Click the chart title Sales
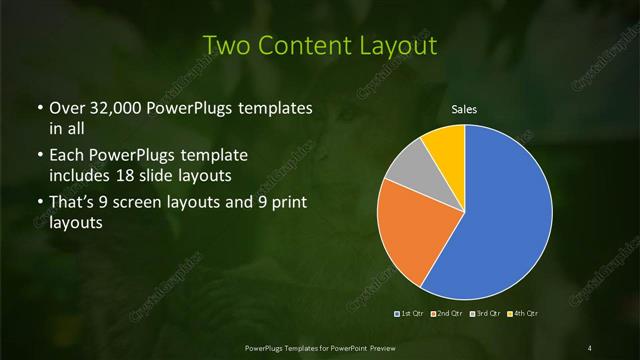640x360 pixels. click(x=464, y=108)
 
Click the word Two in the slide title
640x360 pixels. click(x=223, y=46)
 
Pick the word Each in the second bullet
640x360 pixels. click(x=68, y=157)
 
